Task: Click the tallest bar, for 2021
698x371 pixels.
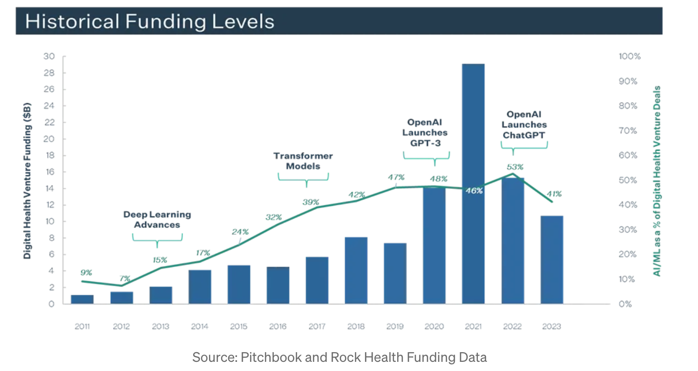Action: [x=473, y=184]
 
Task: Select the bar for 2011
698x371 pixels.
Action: [x=82, y=299]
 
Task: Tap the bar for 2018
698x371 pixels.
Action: [x=356, y=270]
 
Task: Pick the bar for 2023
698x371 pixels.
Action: [x=552, y=260]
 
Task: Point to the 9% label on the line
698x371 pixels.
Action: [x=86, y=272]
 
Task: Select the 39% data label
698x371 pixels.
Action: [x=311, y=202]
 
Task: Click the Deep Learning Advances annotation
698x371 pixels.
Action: [x=157, y=219]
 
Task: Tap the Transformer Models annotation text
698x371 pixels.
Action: [x=303, y=161]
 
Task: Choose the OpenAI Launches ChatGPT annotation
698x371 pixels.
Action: [x=524, y=125]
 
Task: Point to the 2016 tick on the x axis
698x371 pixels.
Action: [x=278, y=327]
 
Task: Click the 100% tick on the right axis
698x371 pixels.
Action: [x=629, y=56]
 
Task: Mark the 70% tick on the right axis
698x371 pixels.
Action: [x=628, y=131]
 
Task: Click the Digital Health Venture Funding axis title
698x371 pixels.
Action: [x=28, y=181]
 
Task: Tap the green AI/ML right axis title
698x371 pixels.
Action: [x=657, y=181]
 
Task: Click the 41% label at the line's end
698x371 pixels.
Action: [x=554, y=194]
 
